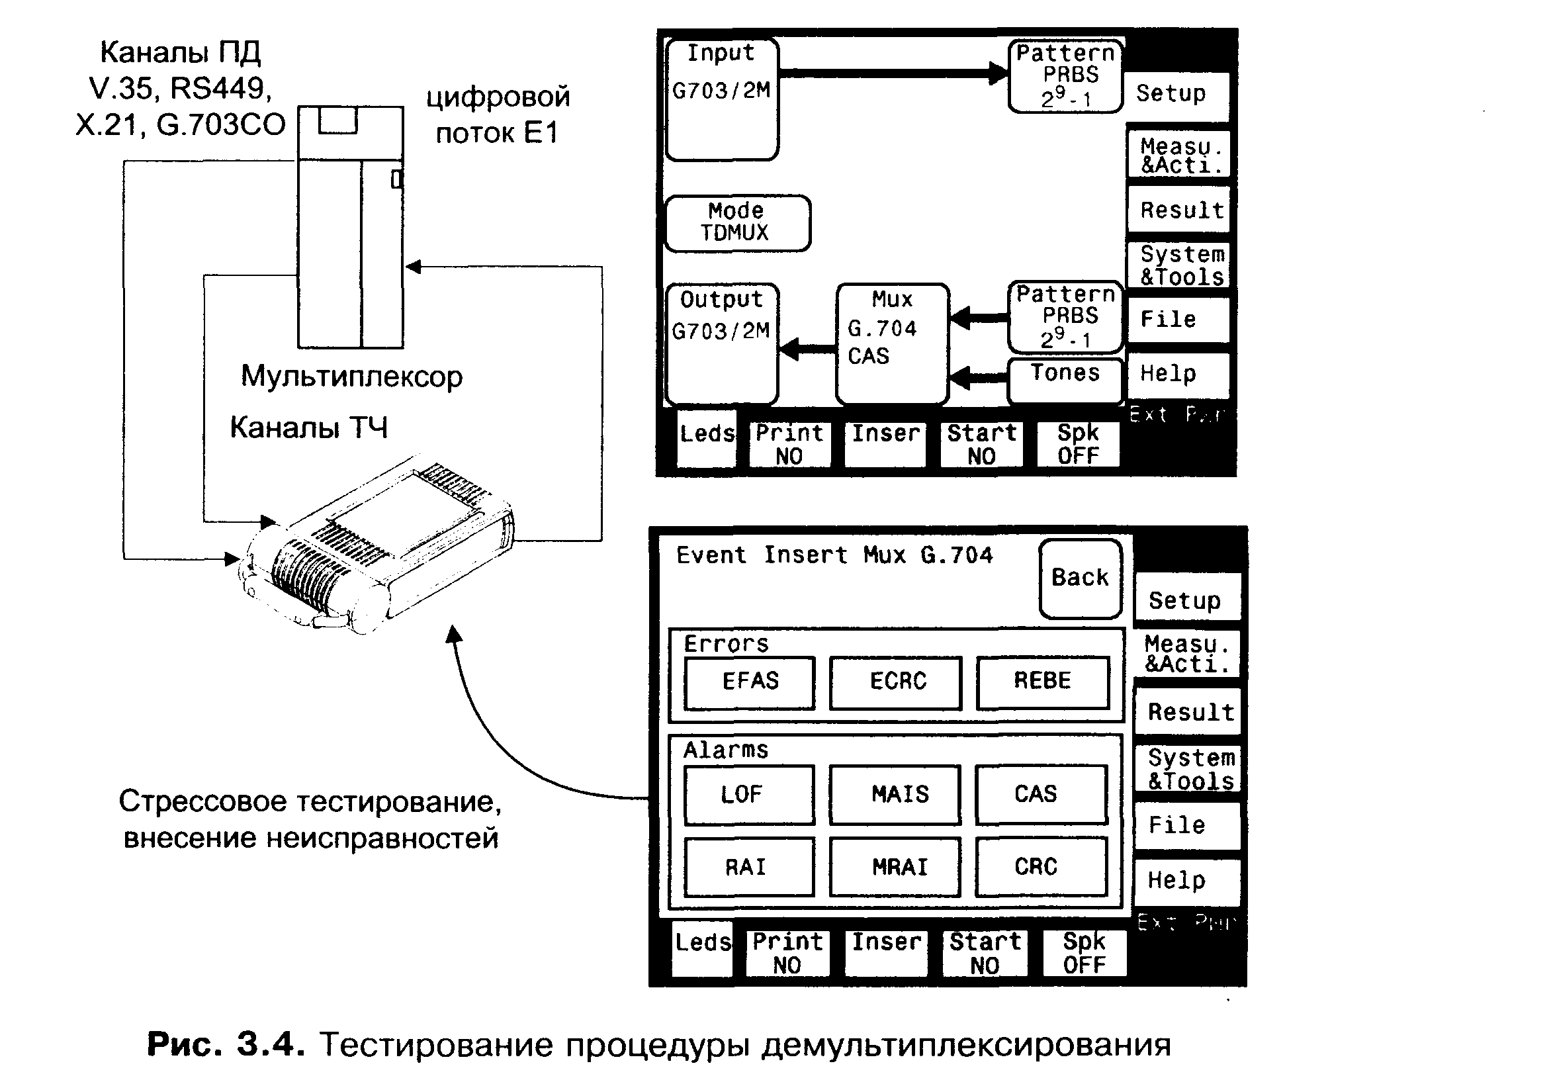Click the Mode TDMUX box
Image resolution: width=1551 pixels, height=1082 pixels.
[x=738, y=223]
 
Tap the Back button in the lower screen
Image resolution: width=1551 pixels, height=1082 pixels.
[x=1080, y=578]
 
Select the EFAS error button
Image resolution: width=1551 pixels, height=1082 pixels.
[x=750, y=682]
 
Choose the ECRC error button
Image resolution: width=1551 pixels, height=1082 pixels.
[x=897, y=682]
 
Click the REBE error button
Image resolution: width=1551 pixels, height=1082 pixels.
[x=1042, y=682]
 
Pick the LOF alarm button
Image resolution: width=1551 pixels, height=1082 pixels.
[x=748, y=795]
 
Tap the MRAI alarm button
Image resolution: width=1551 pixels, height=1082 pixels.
[x=896, y=867]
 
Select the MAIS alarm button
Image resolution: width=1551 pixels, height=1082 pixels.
[x=896, y=795]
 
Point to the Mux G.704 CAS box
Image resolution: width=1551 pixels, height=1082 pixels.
[x=893, y=343]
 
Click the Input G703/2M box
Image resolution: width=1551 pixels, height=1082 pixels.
[x=721, y=99]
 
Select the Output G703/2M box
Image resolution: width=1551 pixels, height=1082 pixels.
[x=721, y=343]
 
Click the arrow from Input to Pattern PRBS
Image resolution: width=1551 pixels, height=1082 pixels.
[x=892, y=73]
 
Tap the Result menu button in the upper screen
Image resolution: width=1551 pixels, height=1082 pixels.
[x=1180, y=210]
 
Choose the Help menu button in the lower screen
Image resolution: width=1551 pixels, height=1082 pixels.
[x=1187, y=881]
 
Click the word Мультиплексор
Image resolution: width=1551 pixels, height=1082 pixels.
[x=352, y=377]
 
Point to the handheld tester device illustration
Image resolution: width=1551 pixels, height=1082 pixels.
[x=378, y=547]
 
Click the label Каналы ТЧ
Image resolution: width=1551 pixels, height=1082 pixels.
[x=309, y=428]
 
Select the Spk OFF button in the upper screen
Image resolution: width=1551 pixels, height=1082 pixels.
[x=1077, y=445]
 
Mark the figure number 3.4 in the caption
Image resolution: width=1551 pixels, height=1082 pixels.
[x=266, y=1044]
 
